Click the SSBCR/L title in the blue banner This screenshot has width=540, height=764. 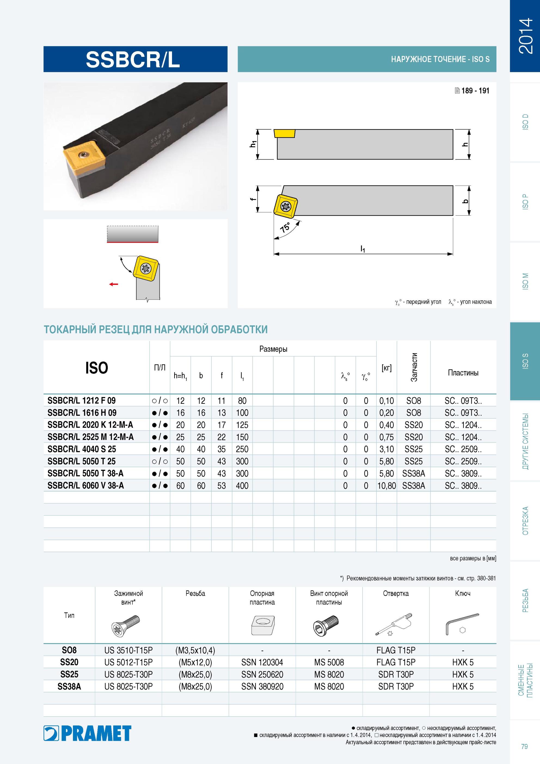[x=133, y=60]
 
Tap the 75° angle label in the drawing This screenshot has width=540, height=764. [x=285, y=228]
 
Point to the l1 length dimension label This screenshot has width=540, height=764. [x=363, y=249]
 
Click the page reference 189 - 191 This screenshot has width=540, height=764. [x=472, y=90]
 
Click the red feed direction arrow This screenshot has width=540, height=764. [x=114, y=284]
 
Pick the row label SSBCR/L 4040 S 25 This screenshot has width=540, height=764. [x=82, y=449]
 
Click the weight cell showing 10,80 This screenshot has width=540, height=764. [x=386, y=485]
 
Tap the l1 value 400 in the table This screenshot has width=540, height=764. [x=242, y=485]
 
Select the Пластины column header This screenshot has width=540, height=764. [x=463, y=373]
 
